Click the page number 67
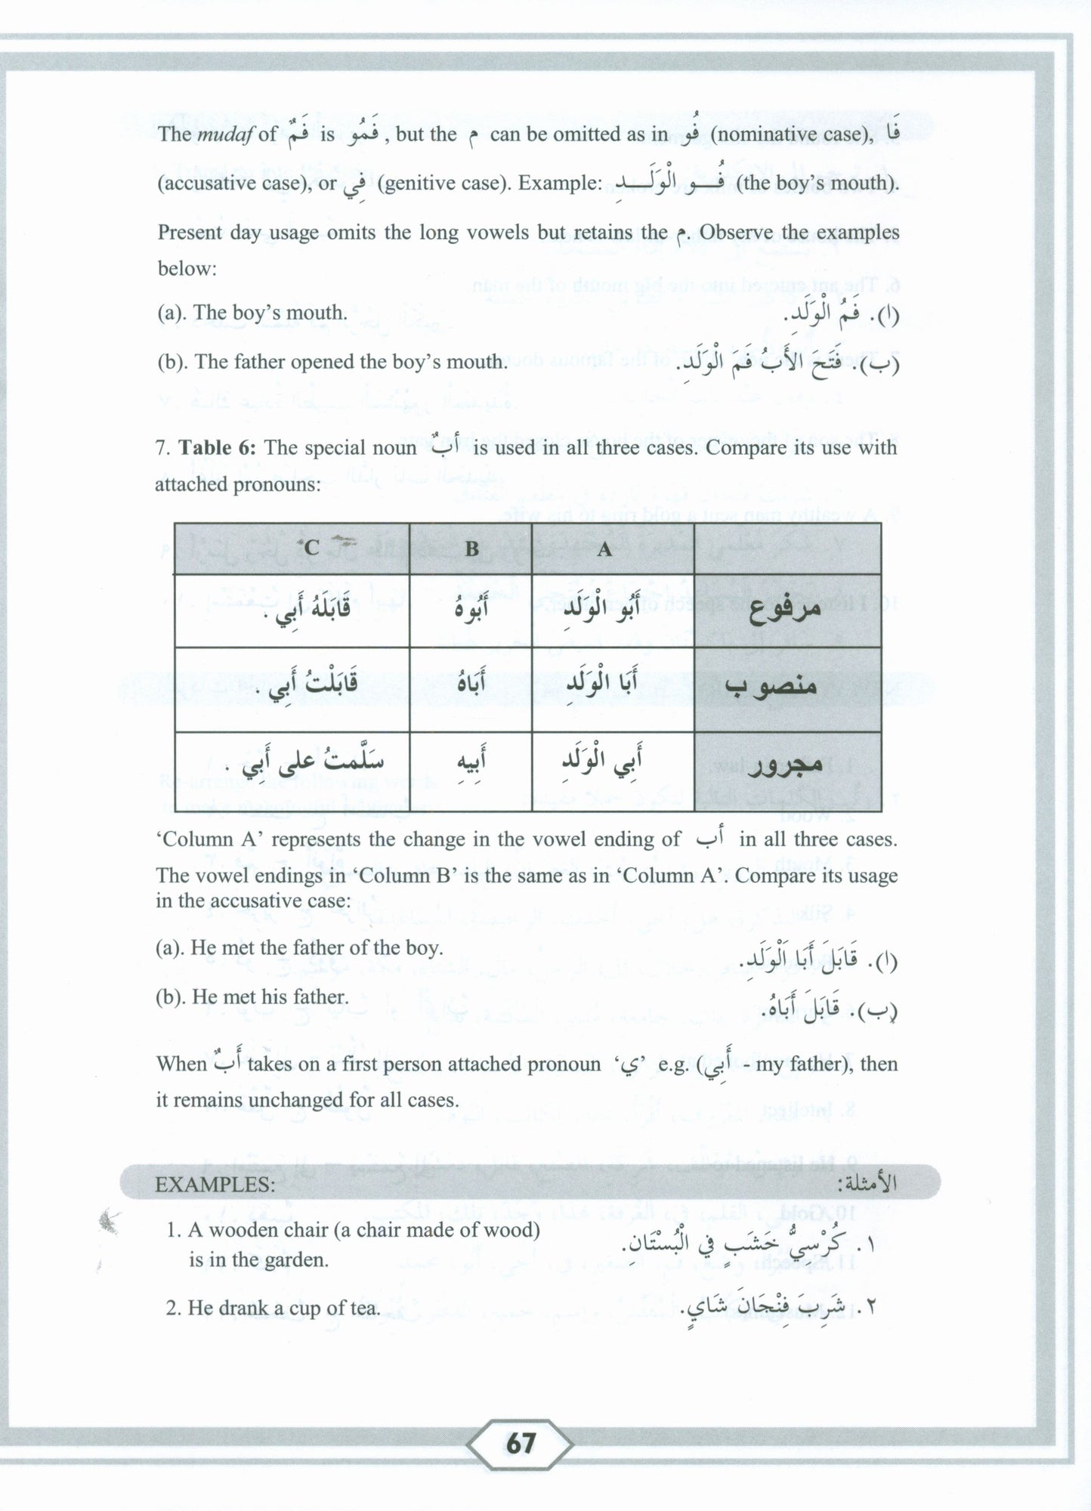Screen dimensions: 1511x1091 click(x=521, y=1444)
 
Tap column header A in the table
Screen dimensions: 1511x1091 click(x=604, y=548)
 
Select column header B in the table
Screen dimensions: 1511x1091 click(x=471, y=548)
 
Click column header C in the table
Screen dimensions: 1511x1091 click(x=311, y=547)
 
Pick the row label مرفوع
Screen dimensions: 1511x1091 click(x=785, y=610)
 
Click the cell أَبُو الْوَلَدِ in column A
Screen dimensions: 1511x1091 click(x=604, y=609)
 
